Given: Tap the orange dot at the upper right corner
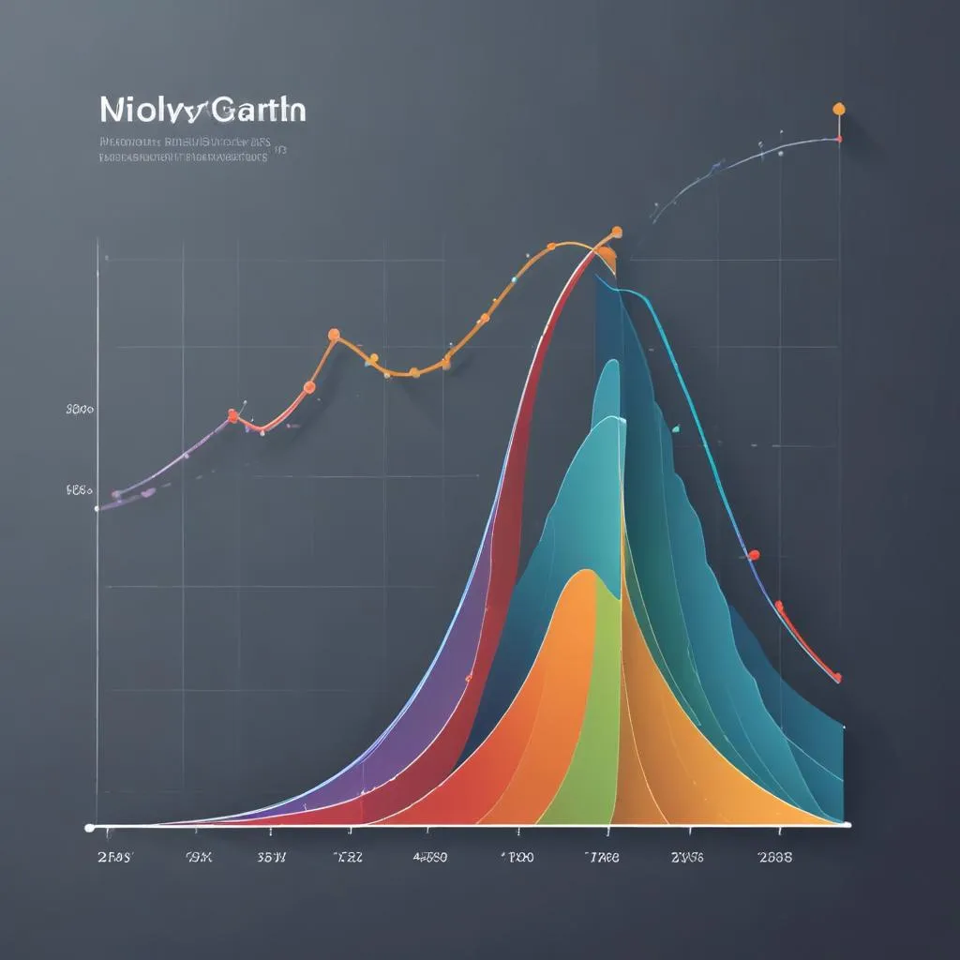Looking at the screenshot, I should [839, 109].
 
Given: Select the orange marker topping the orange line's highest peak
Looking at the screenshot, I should [616, 231].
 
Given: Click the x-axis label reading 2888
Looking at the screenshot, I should [775, 857].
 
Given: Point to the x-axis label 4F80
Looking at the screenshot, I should [430, 857].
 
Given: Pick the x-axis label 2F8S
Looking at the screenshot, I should [115, 857].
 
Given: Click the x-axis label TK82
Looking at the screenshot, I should [350, 857].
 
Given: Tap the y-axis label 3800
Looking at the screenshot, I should [79, 409].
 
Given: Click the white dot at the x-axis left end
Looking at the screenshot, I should [90, 827].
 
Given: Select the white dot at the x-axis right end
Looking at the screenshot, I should [847, 825].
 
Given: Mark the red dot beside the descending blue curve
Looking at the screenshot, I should [753, 555].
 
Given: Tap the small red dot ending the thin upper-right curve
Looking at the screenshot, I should [838, 139].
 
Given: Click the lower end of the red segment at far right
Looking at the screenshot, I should [837, 677].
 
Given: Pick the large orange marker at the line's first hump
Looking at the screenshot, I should [333, 334].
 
